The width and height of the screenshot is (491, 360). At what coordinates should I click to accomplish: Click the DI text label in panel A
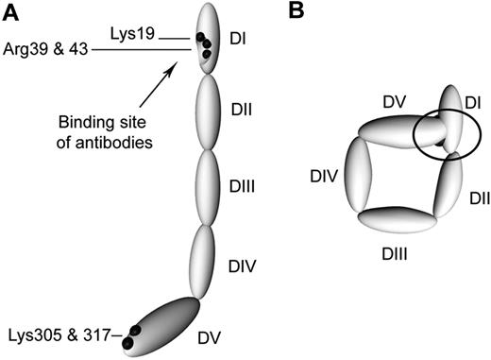(x=239, y=38)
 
